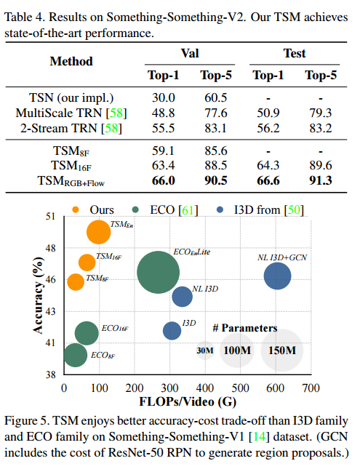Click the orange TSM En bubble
98,232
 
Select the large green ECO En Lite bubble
158,273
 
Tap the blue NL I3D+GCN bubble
277,276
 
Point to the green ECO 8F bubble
76,355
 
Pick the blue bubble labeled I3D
172,331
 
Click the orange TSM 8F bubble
76,281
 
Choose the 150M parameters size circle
282,350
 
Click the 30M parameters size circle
205,350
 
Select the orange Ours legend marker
76,209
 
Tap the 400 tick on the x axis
204,388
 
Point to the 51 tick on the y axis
51,216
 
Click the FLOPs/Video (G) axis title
188,401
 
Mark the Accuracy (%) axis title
38,295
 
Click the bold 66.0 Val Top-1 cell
164,180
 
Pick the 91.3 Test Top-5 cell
321,180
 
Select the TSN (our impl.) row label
71,98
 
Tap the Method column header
71,61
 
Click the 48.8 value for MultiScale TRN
164,113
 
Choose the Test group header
295,54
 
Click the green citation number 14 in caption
259,437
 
